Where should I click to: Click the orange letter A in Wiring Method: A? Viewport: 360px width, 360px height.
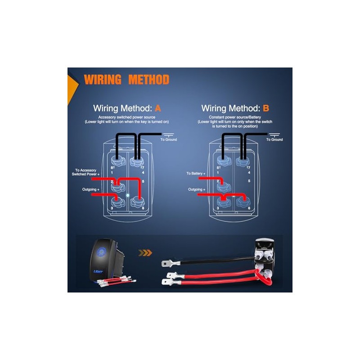tap(157, 108)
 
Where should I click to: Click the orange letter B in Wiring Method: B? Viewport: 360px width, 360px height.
tap(266, 108)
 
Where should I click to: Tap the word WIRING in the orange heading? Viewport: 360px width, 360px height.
tap(103, 80)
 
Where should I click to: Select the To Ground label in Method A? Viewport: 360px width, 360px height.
tap(169, 140)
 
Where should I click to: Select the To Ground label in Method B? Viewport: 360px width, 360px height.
tap(274, 140)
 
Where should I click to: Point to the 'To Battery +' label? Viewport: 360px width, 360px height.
tap(196, 173)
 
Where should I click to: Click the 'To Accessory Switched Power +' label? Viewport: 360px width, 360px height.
tap(87, 172)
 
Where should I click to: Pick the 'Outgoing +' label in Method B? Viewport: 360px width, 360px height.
tap(196, 189)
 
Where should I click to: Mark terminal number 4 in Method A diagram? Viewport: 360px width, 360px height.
tap(142, 172)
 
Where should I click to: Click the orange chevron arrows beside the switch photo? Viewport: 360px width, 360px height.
tap(145, 253)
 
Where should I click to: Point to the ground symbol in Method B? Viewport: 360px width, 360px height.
tap(274, 134)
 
